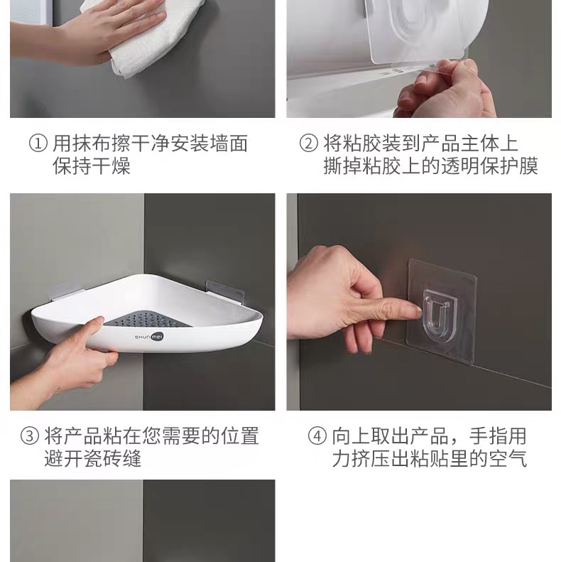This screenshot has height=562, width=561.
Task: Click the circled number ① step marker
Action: click(x=38, y=144)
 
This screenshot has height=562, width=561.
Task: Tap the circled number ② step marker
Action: click(x=308, y=144)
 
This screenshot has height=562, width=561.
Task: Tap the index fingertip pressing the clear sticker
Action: click(x=413, y=306)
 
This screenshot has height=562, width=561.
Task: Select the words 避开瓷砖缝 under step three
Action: click(x=93, y=459)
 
